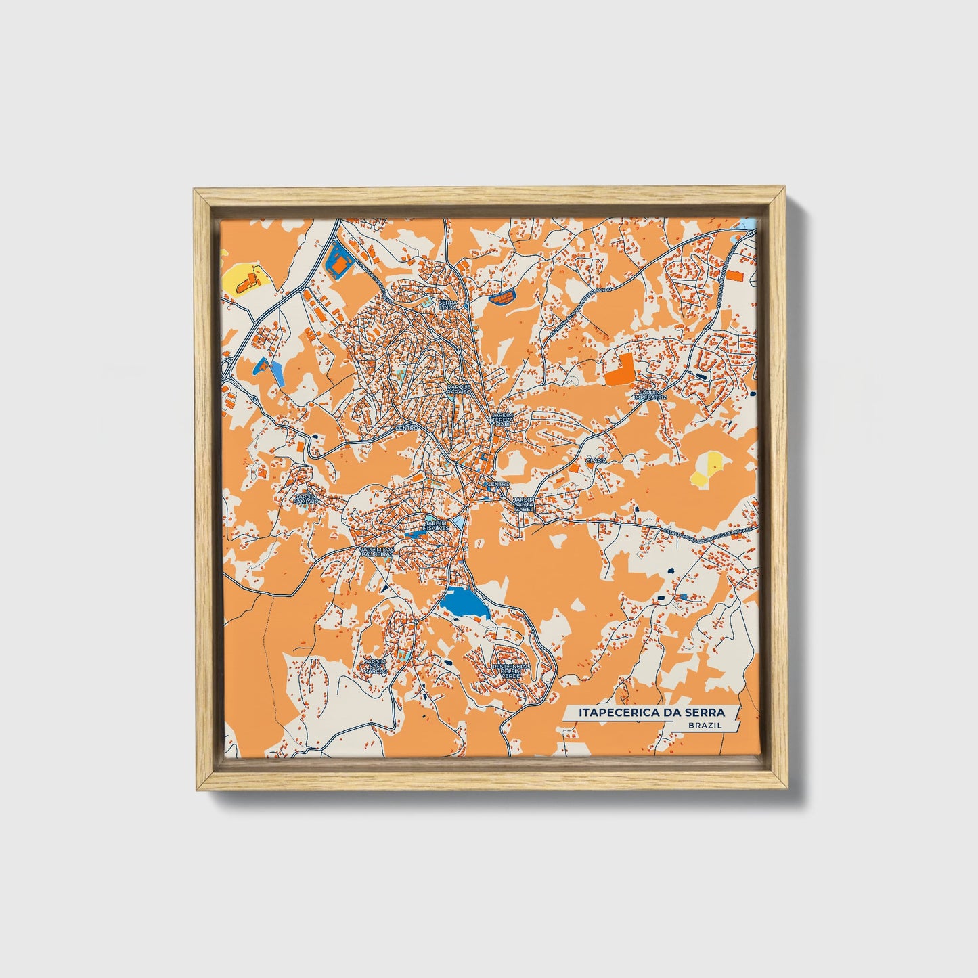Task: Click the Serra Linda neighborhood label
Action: coord(449,304)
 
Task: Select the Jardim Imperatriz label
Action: coord(650,394)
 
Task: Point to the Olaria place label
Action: coord(596,460)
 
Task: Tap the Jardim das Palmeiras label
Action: coord(376,552)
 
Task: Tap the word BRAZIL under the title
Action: coord(705,725)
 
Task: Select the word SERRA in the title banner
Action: coord(704,712)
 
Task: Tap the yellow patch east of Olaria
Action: coord(709,468)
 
